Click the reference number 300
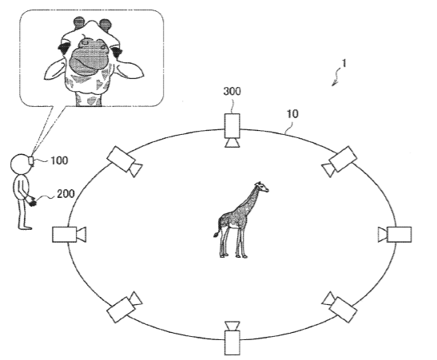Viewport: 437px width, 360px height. point(232,91)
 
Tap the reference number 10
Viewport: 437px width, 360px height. point(292,113)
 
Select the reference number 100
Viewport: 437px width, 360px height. point(59,160)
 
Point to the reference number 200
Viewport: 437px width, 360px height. point(66,194)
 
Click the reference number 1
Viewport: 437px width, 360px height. point(344,64)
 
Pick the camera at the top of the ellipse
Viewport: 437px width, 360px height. point(232,130)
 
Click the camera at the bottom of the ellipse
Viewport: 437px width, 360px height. point(232,338)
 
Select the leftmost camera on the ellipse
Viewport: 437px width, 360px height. point(70,235)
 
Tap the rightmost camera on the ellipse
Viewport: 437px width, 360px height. point(395,235)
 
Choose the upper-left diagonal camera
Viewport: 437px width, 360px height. point(125,162)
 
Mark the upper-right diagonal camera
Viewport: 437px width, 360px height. point(340,161)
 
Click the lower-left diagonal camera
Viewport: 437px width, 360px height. point(125,307)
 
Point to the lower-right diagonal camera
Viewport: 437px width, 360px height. point(340,307)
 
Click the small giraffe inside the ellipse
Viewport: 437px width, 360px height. point(240,220)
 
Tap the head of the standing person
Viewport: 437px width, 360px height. point(20,164)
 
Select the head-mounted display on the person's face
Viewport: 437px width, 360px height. point(31,160)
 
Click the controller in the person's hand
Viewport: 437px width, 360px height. point(34,203)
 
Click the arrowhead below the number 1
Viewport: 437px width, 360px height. point(334,83)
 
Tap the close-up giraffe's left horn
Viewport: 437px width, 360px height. point(79,22)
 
